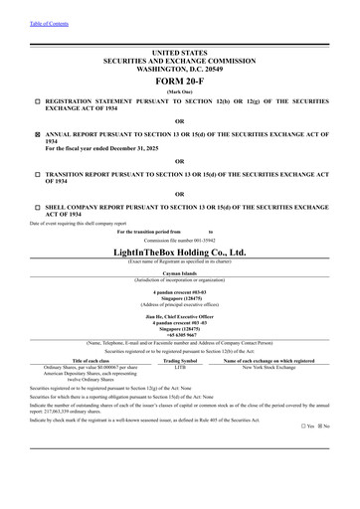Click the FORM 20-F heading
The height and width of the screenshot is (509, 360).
pos(180,80)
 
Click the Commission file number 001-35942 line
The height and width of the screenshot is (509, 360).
pos(180,240)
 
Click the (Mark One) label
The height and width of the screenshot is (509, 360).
pos(180,90)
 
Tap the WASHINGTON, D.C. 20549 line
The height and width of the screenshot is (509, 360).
pos(180,67)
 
